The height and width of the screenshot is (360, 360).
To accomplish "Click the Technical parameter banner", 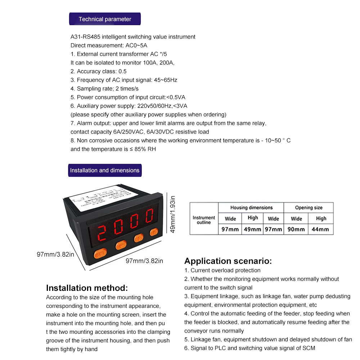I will click(x=105, y=19).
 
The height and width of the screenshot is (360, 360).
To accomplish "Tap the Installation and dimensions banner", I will click(x=105, y=170).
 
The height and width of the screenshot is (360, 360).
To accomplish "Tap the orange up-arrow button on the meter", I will click(x=154, y=232).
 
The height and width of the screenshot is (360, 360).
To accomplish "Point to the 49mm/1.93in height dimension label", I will click(x=173, y=214).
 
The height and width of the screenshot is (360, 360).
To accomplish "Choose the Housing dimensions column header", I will click(x=251, y=208).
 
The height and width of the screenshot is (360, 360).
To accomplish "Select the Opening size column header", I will click(x=309, y=208).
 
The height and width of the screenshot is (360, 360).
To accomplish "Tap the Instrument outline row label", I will click(x=204, y=220).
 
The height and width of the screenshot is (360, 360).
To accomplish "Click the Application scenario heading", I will click(x=228, y=261).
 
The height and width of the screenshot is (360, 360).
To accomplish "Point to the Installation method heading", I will click(x=87, y=288).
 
